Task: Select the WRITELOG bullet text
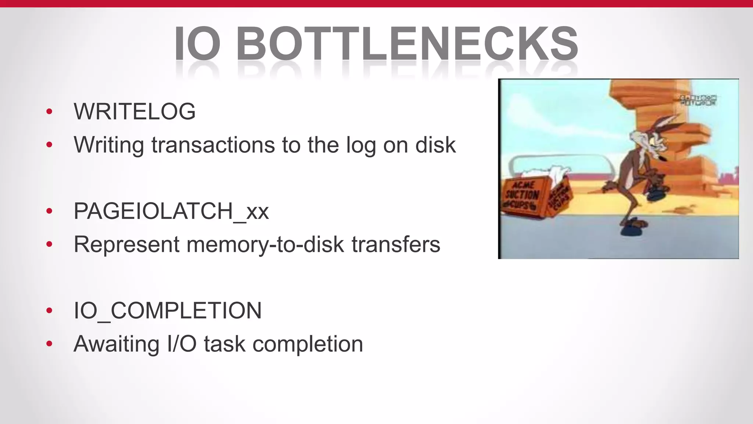(x=135, y=111)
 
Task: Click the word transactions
(x=213, y=145)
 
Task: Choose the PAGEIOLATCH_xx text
(x=171, y=211)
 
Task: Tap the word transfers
(x=396, y=244)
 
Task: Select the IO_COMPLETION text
(x=168, y=311)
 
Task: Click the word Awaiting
(x=117, y=344)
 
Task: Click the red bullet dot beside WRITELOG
(x=49, y=112)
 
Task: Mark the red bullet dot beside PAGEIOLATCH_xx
(x=49, y=211)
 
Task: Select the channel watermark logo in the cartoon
(x=697, y=100)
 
